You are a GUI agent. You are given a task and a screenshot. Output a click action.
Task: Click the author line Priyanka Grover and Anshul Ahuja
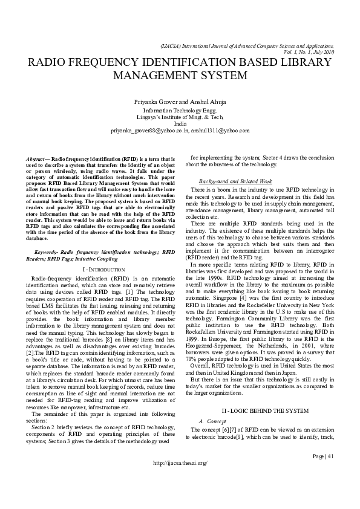[180, 102]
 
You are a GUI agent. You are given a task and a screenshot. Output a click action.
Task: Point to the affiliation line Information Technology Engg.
[180, 111]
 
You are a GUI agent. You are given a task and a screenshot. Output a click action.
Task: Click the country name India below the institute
[180, 123]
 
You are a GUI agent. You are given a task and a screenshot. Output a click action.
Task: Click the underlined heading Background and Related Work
[235, 181]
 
